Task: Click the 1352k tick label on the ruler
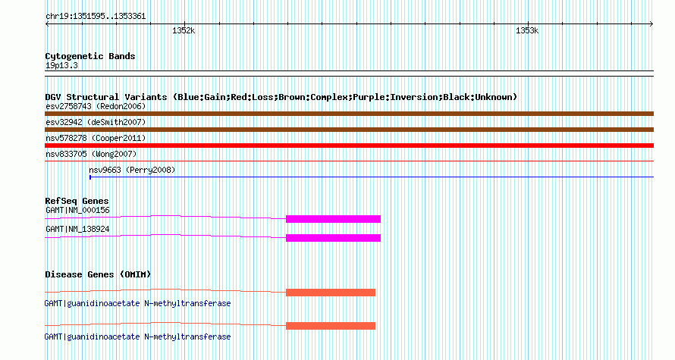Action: point(184,30)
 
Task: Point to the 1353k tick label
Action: point(527,30)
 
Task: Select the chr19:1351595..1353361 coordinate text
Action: point(96,17)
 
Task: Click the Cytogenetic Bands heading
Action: point(90,56)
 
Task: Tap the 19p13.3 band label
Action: point(61,65)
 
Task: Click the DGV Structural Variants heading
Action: point(281,97)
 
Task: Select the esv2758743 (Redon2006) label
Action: point(96,106)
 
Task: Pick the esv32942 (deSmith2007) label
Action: point(96,122)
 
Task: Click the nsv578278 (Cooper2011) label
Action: point(96,138)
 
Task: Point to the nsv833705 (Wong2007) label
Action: point(91,154)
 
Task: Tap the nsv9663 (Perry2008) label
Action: point(132,170)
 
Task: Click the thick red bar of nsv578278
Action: point(349,146)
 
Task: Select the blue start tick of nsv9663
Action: point(90,177)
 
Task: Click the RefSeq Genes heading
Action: point(77,201)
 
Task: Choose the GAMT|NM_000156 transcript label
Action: point(77,211)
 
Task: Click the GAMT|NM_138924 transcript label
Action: point(77,229)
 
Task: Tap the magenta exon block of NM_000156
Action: point(333,219)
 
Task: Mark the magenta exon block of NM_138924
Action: point(333,238)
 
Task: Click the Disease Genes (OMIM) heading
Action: point(98,274)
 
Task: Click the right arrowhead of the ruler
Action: point(651,24)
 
